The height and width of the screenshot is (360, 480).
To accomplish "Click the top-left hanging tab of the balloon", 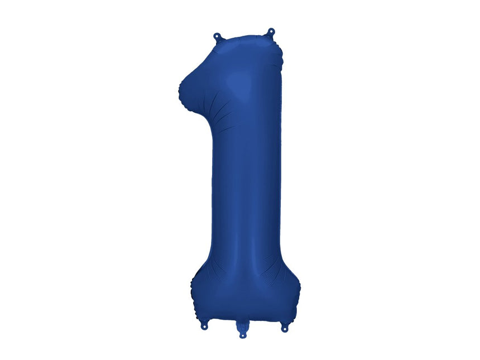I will point(218,37).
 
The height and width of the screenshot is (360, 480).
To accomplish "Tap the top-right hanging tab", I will point(271,32).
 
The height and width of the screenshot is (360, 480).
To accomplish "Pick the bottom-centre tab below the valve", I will point(243,333).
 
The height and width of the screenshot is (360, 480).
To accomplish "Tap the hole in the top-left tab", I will point(218,36).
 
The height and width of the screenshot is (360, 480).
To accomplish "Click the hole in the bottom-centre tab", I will point(243,335).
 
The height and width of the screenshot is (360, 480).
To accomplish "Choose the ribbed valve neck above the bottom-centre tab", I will point(243,325).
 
